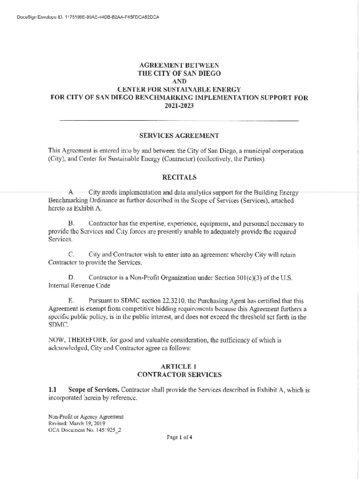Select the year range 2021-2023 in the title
click(x=179, y=106)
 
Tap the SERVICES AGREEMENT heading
click(x=180, y=136)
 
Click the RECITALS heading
click(x=180, y=177)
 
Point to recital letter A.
click(x=71, y=192)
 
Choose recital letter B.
click(x=71, y=224)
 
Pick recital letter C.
click(x=71, y=255)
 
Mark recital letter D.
click(x=71, y=278)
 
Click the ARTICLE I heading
click(x=180, y=366)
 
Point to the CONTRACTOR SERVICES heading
click(x=180, y=375)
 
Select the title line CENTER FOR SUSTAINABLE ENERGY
click(x=179, y=89)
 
